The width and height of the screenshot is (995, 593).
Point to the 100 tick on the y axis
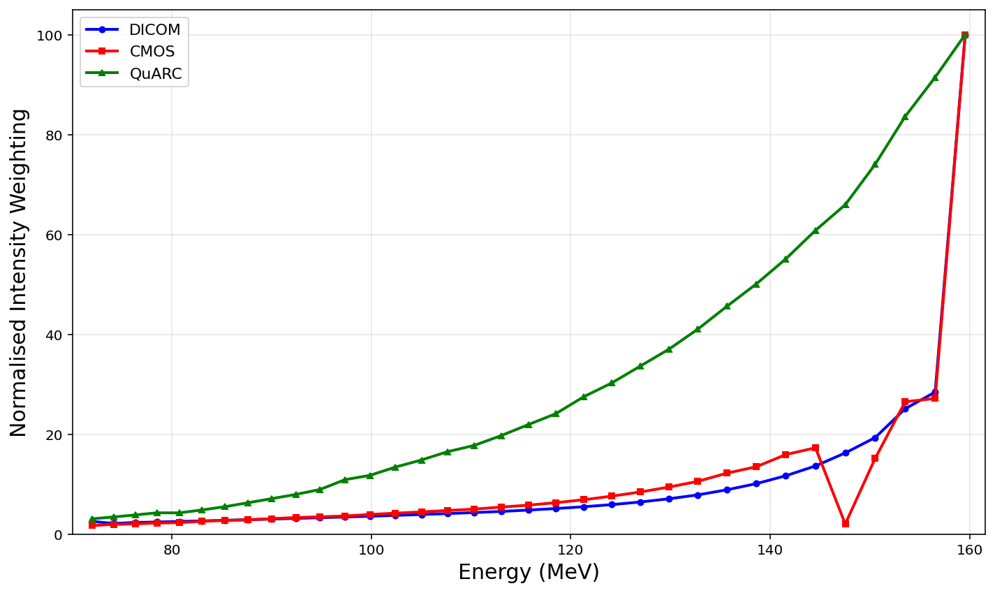[x=54, y=35]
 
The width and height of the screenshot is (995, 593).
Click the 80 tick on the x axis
[x=172, y=550]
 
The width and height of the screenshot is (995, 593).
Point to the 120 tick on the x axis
[x=570, y=550]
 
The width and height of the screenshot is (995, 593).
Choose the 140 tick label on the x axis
[x=770, y=550]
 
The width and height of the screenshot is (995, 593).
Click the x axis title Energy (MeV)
[x=529, y=573]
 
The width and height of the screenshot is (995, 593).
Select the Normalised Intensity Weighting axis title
[x=19, y=272]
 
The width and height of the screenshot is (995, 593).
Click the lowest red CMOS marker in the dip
[x=846, y=523]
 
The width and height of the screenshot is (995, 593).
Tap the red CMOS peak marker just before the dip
[x=816, y=448]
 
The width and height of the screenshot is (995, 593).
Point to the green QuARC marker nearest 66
[x=846, y=205]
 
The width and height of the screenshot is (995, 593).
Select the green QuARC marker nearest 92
[x=935, y=78]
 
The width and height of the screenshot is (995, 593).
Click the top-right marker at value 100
[x=965, y=35]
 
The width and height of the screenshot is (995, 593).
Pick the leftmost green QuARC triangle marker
[x=92, y=519]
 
